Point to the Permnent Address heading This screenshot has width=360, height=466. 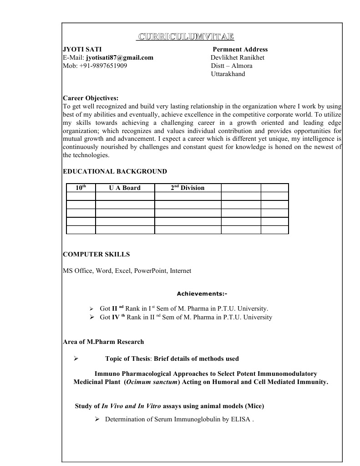click(x=240, y=49)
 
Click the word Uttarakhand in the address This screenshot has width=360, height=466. click(x=228, y=74)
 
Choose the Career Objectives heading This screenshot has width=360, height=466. click(x=90, y=98)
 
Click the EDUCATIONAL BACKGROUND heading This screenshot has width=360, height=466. click(x=115, y=171)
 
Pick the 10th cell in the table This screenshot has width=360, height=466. click(x=81, y=188)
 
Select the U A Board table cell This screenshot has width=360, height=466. click(x=125, y=188)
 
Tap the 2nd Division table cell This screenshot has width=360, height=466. click(x=188, y=188)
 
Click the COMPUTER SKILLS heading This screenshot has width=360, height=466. click(x=96, y=254)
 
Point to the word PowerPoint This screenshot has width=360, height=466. click(x=150, y=271)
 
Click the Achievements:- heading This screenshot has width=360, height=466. click(x=202, y=293)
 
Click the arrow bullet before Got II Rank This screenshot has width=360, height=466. click(x=91, y=308)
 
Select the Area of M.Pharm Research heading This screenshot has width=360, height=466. click(x=103, y=342)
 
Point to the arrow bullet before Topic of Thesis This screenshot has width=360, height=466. click(x=76, y=358)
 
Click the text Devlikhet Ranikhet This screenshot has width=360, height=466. click(x=238, y=57)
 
